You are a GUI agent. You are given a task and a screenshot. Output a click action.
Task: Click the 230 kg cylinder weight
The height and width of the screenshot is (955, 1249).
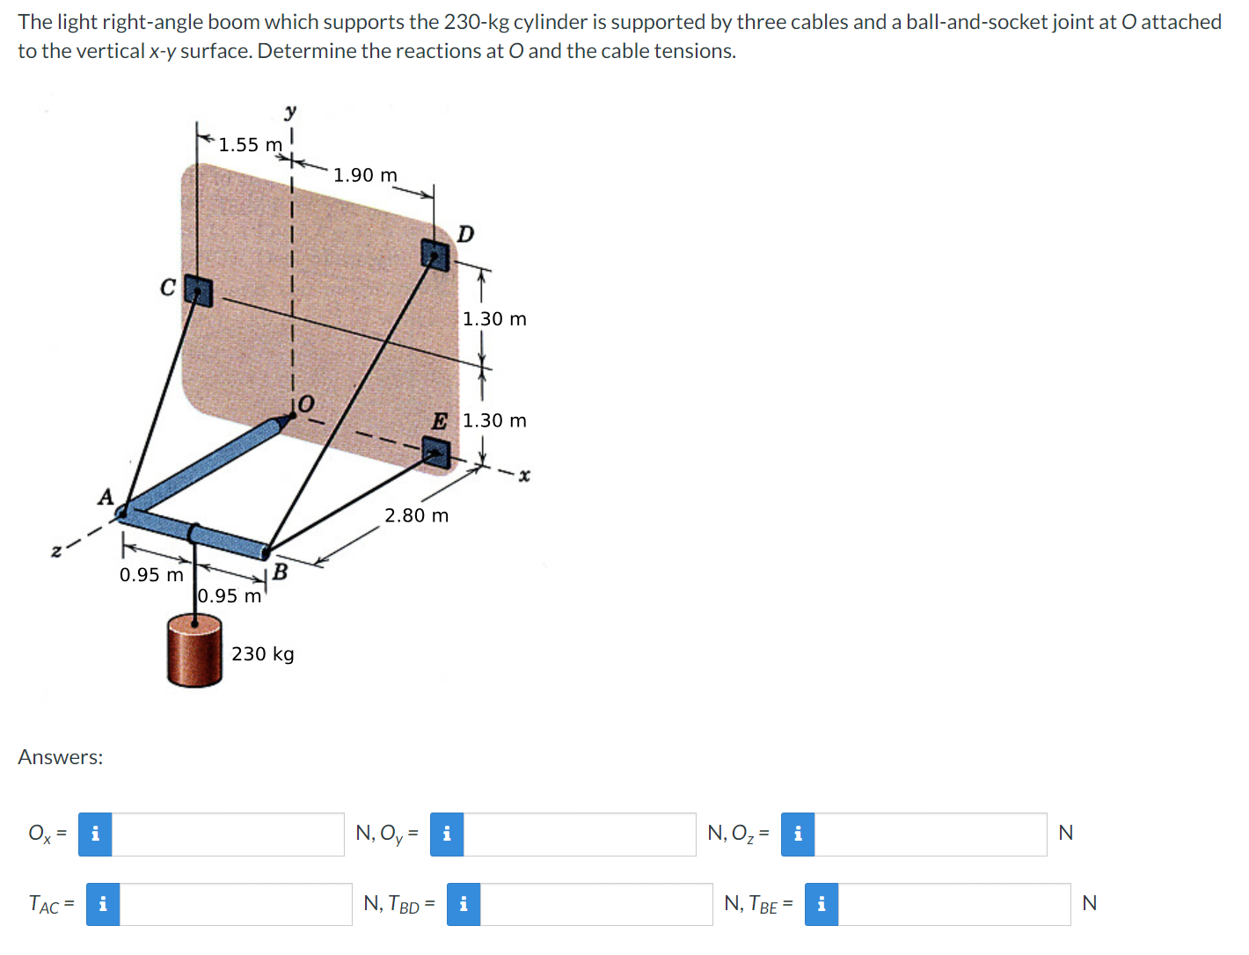194,651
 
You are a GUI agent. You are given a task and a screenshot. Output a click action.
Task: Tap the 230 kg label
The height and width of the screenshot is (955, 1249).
263,654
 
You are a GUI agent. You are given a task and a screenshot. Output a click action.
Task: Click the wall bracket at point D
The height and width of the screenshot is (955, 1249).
435,255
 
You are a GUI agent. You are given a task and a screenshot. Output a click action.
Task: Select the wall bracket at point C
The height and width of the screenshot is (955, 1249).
199,291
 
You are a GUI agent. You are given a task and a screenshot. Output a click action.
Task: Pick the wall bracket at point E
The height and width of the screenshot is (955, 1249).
435,453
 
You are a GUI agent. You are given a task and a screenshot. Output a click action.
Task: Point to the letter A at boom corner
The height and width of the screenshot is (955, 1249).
106,498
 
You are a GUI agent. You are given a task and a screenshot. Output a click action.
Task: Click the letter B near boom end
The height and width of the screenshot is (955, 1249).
281,572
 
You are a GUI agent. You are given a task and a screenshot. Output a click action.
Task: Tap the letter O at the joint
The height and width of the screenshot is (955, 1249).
304,404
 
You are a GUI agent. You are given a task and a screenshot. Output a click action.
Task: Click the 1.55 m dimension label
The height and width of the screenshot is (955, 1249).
250,145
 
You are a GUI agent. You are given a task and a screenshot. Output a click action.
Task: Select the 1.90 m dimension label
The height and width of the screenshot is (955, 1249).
365,176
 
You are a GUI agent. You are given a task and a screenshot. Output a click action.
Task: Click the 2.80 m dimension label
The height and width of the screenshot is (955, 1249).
416,516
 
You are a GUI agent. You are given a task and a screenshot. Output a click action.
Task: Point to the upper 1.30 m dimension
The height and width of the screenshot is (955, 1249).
494,319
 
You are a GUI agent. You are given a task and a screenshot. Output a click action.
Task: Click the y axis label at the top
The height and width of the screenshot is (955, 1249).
290,113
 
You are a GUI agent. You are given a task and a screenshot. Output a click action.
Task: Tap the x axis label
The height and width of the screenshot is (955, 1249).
524,476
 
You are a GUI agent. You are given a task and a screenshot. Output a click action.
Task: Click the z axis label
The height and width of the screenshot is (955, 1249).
56,551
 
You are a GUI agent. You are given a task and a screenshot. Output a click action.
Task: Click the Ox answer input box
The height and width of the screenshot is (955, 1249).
228,834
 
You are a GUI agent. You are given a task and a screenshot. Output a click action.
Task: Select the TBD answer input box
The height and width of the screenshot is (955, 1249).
595,904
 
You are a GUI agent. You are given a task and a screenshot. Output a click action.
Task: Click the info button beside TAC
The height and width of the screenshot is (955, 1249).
103,904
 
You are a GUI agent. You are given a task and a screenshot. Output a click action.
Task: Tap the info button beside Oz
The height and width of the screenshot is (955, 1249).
797,834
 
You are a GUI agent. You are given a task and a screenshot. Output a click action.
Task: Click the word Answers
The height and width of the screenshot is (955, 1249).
61,757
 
